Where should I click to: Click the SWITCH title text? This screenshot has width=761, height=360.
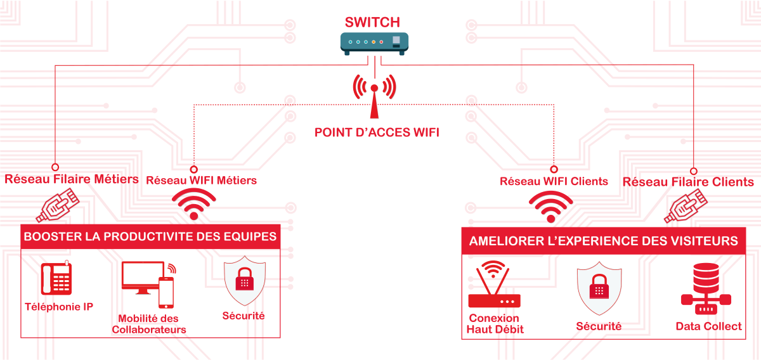tap(372, 22)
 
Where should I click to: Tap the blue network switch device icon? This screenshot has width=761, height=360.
tap(374, 43)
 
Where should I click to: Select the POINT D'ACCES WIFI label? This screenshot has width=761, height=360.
tap(377, 133)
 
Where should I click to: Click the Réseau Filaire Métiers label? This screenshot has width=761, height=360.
tap(72, 179)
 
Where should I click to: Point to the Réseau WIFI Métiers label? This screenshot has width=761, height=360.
tap(201, 181)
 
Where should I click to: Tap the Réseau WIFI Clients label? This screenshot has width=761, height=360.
tap(554, 181)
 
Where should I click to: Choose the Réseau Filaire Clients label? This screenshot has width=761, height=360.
tap(688, 183)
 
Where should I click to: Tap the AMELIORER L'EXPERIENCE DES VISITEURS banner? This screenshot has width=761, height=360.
tap(603, 241)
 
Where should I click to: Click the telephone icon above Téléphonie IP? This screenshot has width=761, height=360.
tap(56, 279)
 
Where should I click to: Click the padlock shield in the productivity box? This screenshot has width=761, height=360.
tap(245, 281)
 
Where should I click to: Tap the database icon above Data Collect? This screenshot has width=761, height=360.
tap(706, 289)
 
